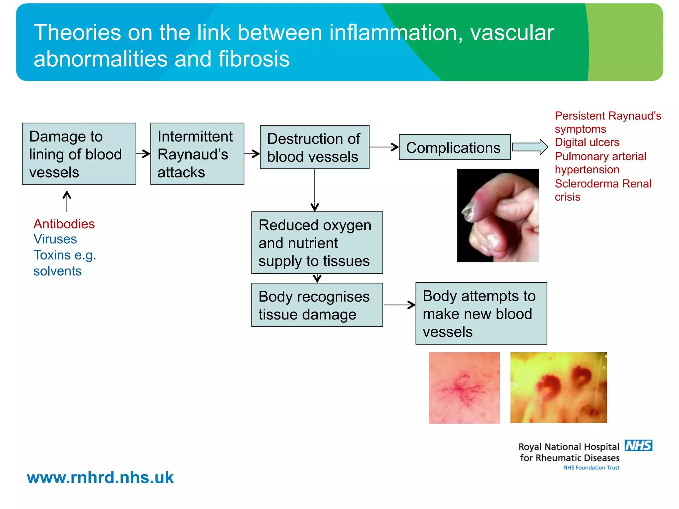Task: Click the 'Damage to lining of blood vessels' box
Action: coord(79,154)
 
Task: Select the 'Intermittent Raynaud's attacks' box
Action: coord(197,154)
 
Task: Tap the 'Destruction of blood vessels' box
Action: coord(314,147)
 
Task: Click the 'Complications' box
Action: coord(455,147)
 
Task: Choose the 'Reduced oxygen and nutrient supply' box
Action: coord(317,243)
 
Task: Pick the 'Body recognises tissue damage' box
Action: coord(317,305)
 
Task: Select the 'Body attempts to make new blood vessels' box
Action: coord(481,313)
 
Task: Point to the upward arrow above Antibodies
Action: coord(67,201)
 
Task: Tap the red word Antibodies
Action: coord(64,224)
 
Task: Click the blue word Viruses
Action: coord(55,239)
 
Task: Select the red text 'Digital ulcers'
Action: coord(587,142)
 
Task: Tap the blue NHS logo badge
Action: coord(638,445)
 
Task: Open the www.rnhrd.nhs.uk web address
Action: coord(100,478)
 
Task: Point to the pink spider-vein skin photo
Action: coord(464,388)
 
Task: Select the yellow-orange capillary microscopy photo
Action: coord(558,387)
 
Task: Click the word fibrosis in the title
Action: coord(254,59)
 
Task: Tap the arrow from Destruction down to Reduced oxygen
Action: coord(315,190)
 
